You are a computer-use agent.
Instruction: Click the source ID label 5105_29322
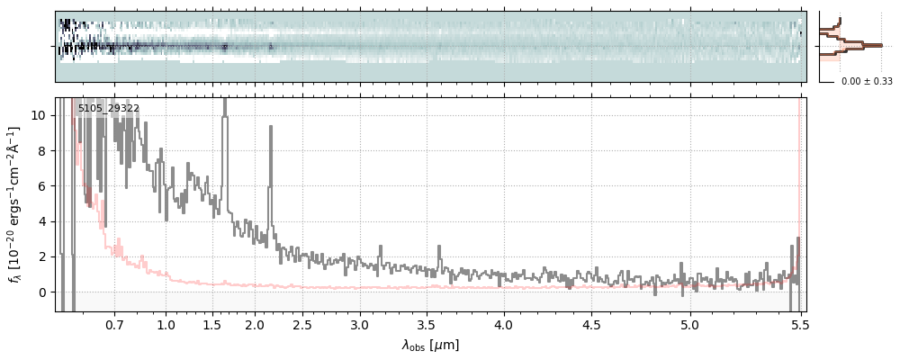[108, 109]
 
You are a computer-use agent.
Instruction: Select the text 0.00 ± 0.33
[867, 82]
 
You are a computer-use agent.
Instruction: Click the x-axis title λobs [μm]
[430, 346]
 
